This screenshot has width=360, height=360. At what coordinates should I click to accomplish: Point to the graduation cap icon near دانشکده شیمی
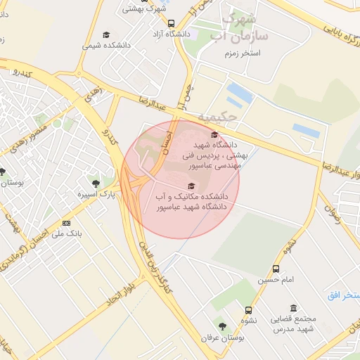[106, 34]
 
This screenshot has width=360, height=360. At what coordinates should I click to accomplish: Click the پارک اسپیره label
[96, 193]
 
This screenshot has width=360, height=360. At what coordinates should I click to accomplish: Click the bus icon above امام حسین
[276, 269]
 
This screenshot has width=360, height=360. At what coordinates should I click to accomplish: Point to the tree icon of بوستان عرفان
[222, 327]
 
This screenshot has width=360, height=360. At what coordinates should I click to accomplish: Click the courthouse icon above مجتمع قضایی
[293, 308]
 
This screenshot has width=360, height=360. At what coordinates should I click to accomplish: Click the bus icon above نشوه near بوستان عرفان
[248, 309]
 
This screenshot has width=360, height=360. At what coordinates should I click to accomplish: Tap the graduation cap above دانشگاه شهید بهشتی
[214, 134]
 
